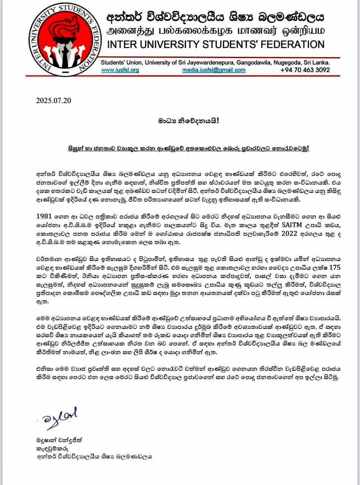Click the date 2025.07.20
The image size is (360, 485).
point(53,101)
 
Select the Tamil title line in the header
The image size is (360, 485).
point(216,30)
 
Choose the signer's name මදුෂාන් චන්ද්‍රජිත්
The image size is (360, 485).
point(58,441)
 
